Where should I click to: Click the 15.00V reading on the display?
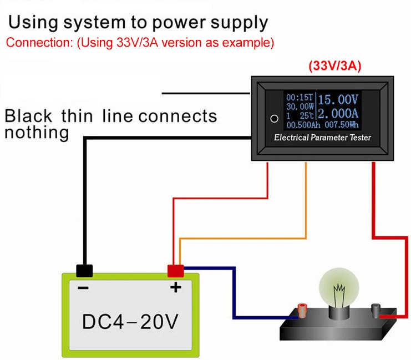[339, 100]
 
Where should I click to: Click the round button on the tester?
[273, 118]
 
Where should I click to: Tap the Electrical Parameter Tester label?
[322, 138]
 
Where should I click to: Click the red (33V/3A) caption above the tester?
[335, 66]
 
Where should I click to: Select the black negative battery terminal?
[84, 271]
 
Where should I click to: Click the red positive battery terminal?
[175, 271]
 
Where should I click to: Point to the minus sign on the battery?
[84, 289]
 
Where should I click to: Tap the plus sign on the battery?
[175, 288]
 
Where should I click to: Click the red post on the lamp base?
[302, 309]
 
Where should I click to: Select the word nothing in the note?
[37, 133]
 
